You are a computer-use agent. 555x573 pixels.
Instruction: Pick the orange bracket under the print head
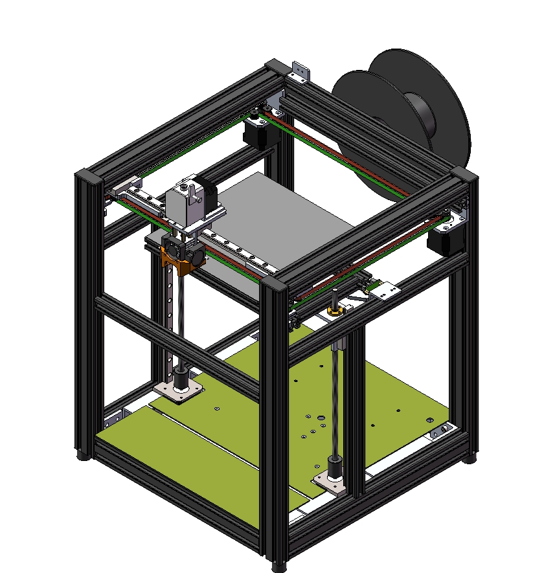tap(178, 262)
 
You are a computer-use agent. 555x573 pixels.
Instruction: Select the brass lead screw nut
tap(335, 312)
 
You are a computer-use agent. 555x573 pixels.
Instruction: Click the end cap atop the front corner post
tap(276, 285)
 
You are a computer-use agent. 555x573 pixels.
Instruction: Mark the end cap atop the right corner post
tap(464, 175)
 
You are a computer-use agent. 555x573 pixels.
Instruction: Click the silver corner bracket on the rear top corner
tap(299, 72)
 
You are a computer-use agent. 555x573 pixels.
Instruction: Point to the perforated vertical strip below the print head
tap(169, 304)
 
